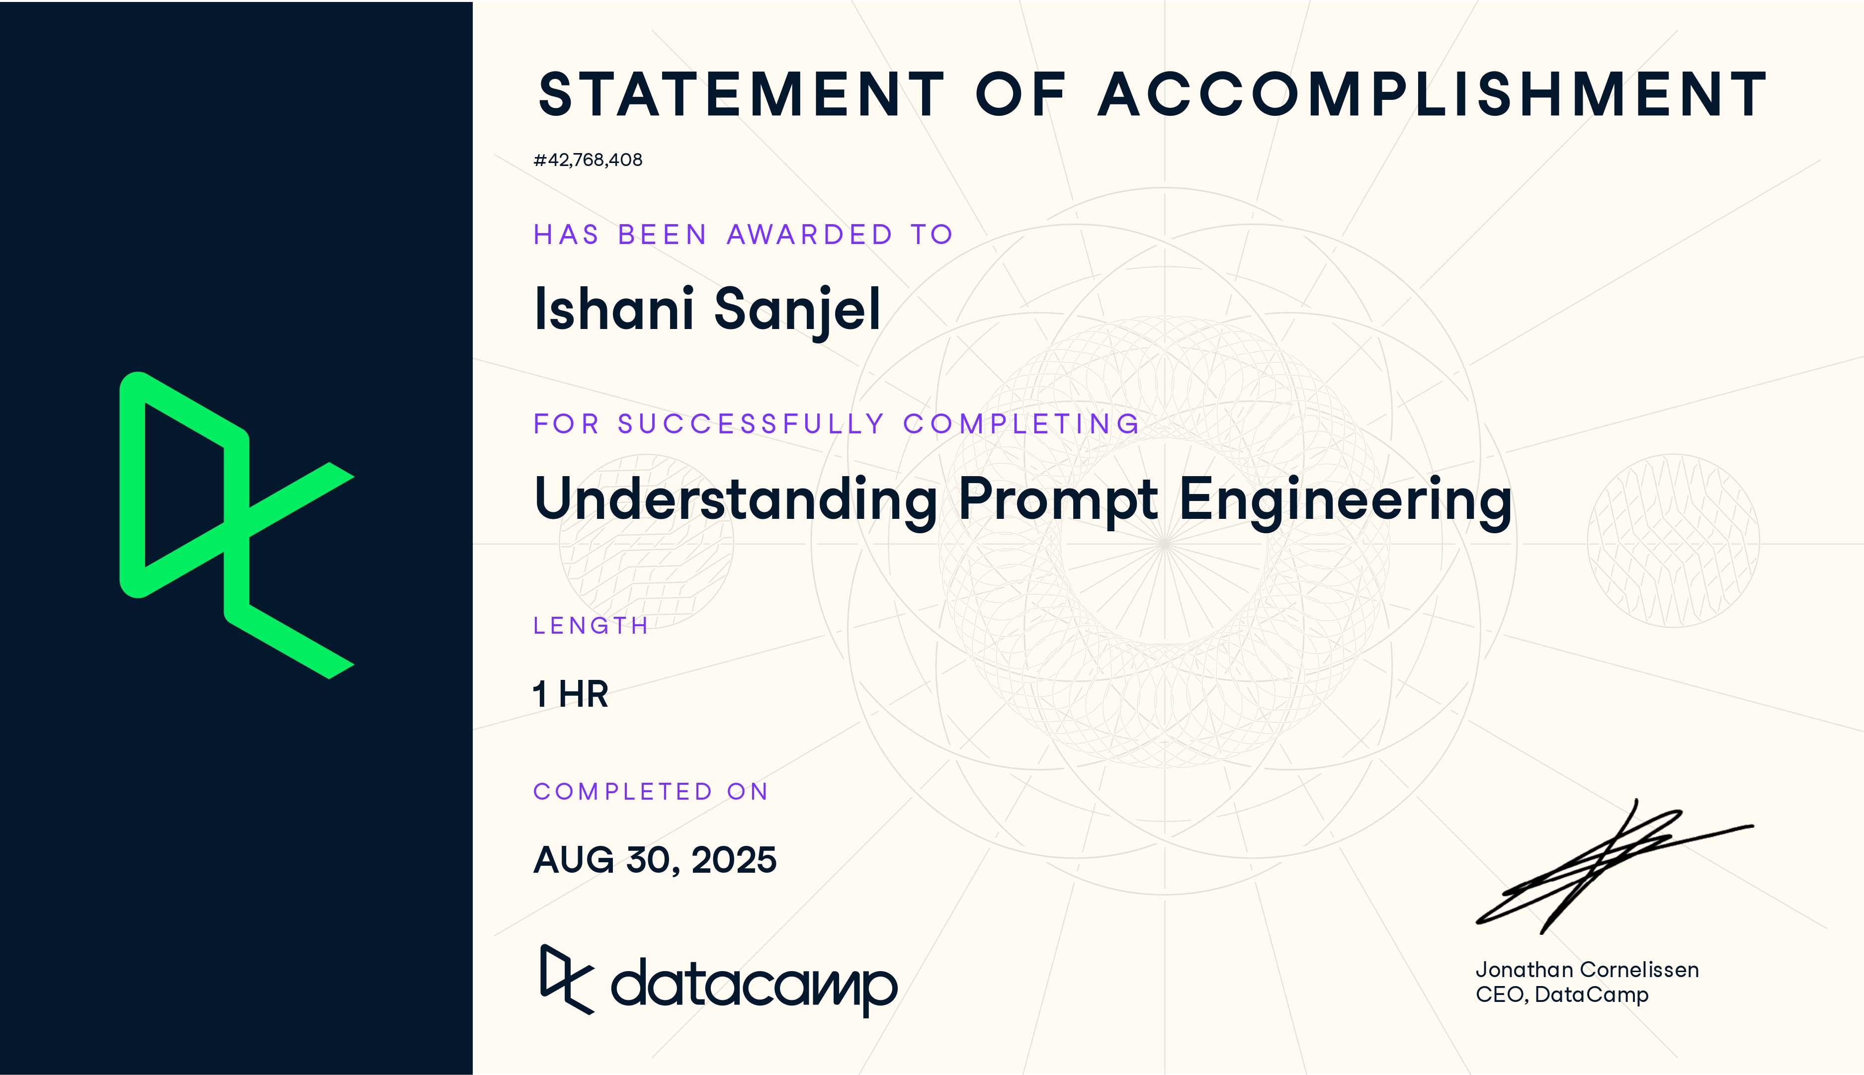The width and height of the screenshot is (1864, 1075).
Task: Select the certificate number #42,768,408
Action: coord(588,160)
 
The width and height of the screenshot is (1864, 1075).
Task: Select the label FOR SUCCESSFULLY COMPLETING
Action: coord(837,424)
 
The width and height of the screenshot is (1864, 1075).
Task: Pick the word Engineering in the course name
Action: coord(1346,502)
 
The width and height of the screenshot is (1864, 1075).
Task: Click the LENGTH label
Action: coord(591,626)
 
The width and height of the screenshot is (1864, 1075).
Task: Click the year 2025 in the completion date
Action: coord(734,860)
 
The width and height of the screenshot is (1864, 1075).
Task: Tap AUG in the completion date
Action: coord(574,860)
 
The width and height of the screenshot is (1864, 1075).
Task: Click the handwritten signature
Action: coord(1614,867)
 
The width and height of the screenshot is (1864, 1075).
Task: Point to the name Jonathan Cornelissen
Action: coord(1587,970)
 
